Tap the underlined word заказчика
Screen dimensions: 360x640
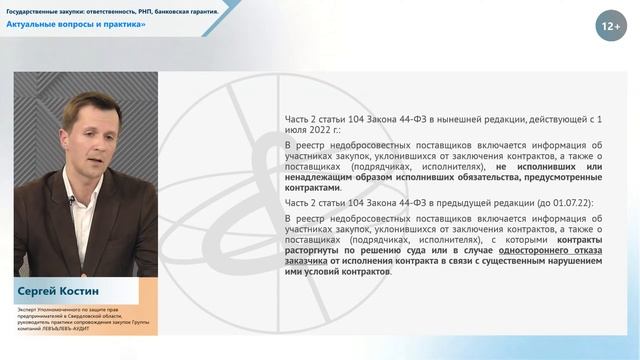pyautogui.click(x=309, y=264)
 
